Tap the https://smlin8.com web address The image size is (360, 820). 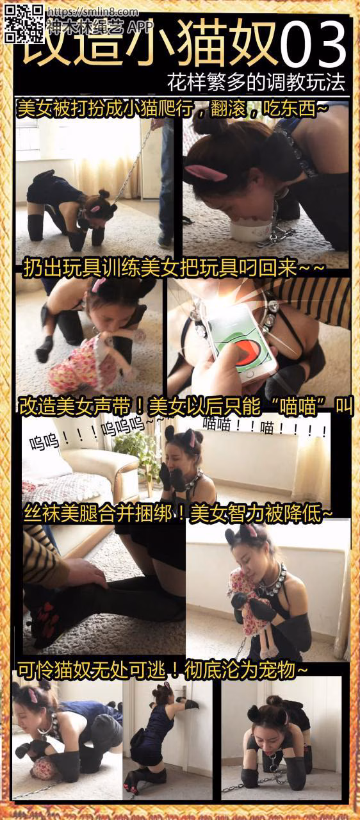coord(93,12)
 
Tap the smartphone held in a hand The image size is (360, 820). coord(240,341)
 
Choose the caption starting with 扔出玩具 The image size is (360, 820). coord(174,269)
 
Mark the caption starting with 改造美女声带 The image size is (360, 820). coord(186,406)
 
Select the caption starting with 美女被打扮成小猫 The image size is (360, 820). coord(173,109)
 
